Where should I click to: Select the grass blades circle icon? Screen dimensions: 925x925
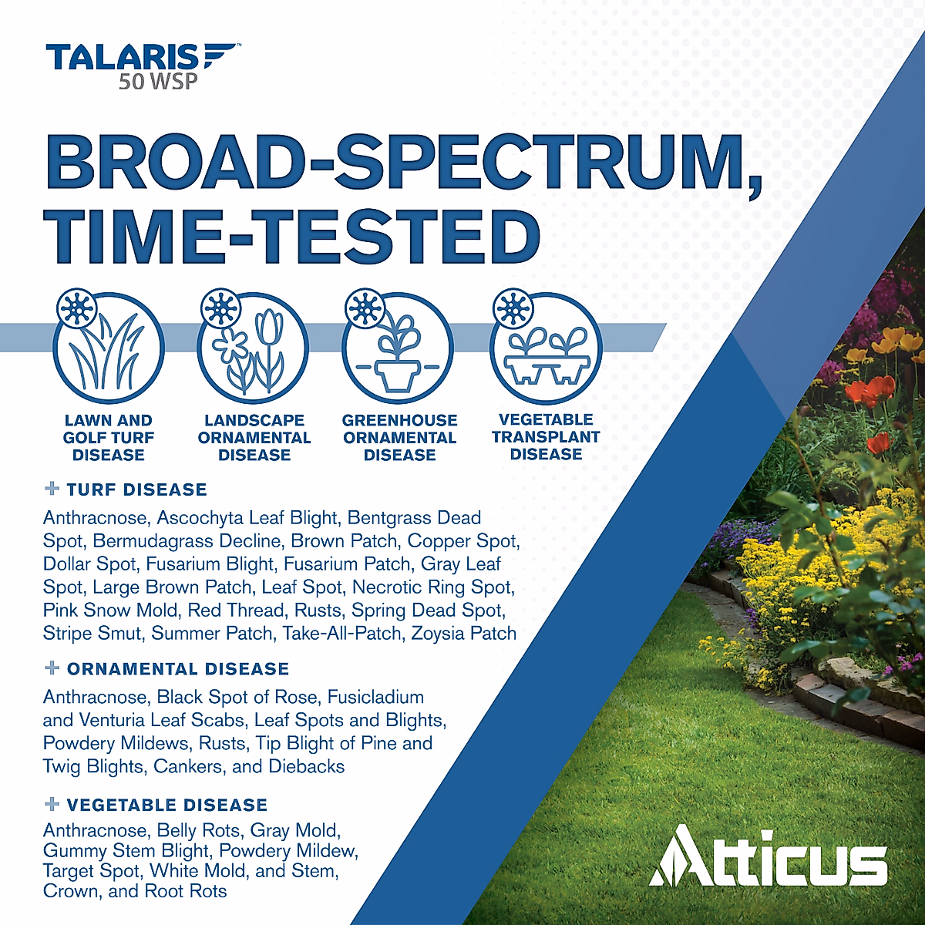(108, 348)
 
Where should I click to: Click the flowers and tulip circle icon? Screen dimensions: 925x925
(254, 348)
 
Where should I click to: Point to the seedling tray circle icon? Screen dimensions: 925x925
(546, 348)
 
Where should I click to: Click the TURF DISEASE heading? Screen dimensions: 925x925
(136, 489)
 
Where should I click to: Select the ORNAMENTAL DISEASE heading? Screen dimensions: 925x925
(177, 669)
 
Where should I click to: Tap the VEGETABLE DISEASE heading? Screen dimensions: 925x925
(166, 805)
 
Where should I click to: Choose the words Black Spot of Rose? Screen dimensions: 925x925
(237, 698)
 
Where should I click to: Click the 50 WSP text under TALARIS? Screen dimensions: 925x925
(158, 81)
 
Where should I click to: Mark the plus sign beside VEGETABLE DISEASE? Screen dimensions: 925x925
(52, 804)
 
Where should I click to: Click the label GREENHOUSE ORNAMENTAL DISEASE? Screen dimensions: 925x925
(399, 438)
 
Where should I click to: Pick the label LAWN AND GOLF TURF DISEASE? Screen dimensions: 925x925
(108, 438)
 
